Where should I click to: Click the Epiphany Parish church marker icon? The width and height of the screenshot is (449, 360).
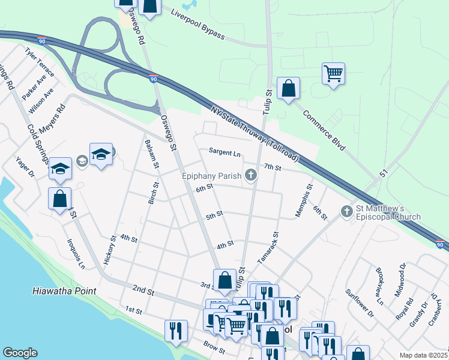(251, 175)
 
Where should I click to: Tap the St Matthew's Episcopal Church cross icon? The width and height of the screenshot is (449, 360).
(346, 211)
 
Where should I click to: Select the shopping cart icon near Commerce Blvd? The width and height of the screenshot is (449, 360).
(333, 74)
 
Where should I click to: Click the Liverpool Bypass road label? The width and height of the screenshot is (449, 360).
(197, 25)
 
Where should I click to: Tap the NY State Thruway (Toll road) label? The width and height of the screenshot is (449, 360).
(255, 133)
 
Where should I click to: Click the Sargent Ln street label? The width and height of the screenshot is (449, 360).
(224, 153)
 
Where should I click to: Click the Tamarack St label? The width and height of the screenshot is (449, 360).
(268, 248)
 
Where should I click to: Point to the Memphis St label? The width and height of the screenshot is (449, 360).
(309, 196)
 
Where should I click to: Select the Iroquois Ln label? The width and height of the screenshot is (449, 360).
(77, 253)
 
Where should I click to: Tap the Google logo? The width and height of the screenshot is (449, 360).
(20, 353)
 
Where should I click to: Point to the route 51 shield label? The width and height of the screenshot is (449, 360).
(384, 173)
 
